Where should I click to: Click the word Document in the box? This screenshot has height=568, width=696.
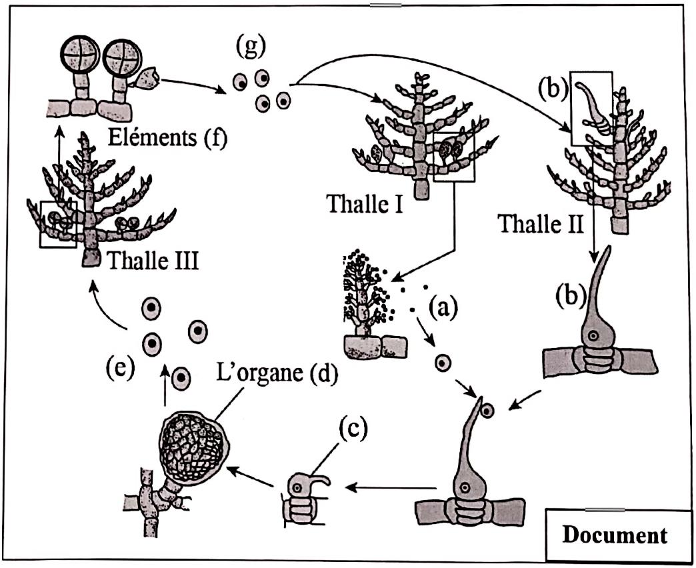click(x=614, y=535)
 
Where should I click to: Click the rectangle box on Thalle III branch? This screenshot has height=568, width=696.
click(x=58, y=223)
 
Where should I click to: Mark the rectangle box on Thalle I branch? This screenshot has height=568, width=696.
click(x=453, y=156)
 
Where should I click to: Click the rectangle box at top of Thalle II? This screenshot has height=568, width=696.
click(x=592, y=108)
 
